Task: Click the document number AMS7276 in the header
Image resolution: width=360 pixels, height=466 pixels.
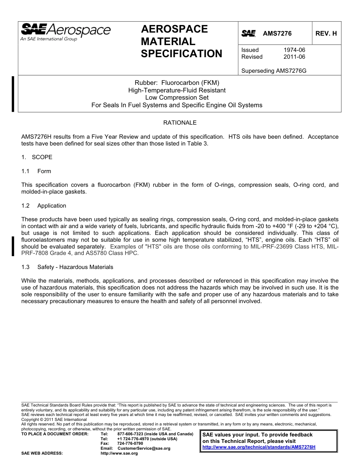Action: point(277,33)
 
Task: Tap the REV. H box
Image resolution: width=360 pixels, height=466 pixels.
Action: point(326,33)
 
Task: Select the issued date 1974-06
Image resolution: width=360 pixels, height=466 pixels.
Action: point(294,50)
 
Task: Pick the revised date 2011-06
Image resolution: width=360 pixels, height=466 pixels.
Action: point(294,57)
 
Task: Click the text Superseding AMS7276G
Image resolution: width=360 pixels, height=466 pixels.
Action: point(274,70)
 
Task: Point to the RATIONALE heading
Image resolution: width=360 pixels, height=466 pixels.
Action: point(180,123)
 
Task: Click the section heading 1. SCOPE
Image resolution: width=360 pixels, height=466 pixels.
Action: point(37,157)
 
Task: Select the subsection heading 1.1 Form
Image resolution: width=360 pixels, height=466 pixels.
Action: point(36,171)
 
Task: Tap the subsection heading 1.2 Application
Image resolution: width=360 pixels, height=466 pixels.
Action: point(44,206)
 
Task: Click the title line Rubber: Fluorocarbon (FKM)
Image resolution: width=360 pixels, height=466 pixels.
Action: point(177,83)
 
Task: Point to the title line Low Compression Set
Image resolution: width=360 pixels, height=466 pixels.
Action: point(177,97)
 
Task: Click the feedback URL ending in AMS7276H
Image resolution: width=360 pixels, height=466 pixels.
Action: point(259,447)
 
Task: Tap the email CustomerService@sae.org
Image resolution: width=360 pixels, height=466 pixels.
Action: point(144,448)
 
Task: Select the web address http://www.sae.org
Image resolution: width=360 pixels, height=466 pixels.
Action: point(119,453)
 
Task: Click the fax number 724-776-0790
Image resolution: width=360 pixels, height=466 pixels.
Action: point(130,443)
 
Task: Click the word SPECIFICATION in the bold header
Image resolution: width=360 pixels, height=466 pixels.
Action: point(182,54)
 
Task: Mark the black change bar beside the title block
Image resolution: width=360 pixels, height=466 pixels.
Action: point(13,94)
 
